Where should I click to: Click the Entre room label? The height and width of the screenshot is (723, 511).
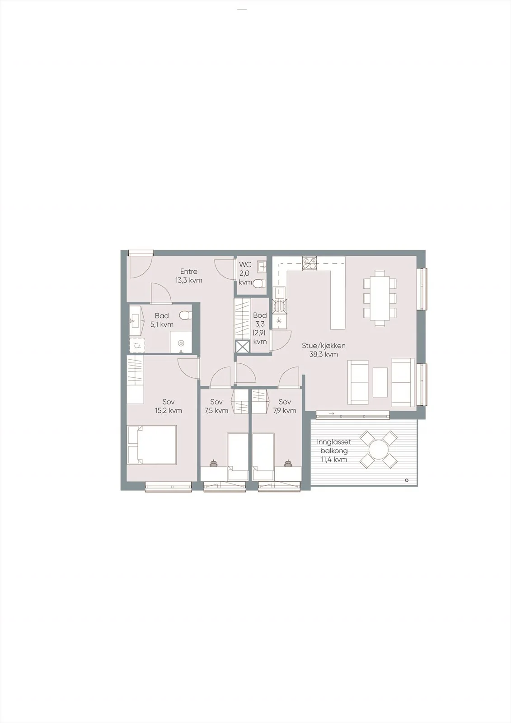click(x=188, y=272)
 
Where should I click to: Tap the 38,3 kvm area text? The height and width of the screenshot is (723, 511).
click(x=323, y=354)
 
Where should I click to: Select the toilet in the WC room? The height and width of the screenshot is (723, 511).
click(x=259, y=284)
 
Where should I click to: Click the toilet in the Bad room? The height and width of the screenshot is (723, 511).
click(x=186, y=315)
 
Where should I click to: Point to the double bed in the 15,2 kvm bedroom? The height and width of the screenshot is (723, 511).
click(x=152, y=445)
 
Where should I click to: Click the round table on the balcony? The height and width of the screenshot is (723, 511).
click(x=378, y=449)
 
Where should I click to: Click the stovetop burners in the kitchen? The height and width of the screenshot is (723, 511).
click(x=309, y=263)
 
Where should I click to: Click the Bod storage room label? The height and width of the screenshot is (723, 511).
click(x=260, y=315)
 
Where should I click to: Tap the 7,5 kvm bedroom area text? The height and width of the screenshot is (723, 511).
click(x=216, y=411)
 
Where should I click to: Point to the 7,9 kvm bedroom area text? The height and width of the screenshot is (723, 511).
click(x=285, y=411)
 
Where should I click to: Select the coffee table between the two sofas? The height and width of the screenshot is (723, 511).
click(x=380, y=382)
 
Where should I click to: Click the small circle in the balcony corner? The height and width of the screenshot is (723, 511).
click(x=407, y=480)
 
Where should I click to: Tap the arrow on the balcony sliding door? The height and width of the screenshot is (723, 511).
click(x=331, y=413)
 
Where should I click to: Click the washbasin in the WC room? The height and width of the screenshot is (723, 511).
click(x=262, y=266)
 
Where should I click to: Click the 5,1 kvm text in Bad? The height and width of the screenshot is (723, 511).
click(x=162, y=324)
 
